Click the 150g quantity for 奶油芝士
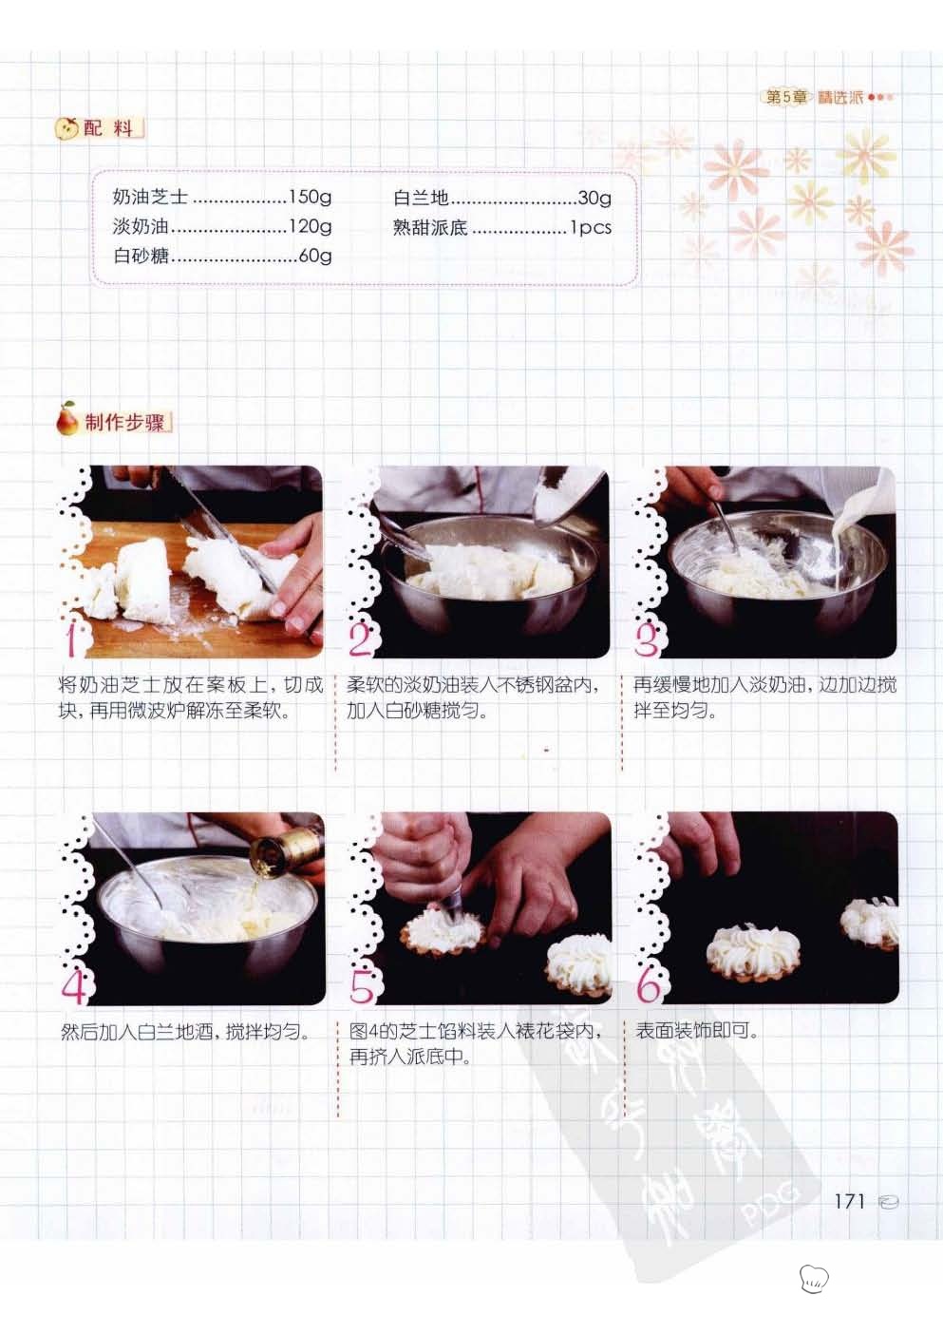[310, 197]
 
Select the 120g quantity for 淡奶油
[310, 226]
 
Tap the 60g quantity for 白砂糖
[315, 257]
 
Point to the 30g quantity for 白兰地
[594, 198]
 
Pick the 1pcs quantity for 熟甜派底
[591, 227]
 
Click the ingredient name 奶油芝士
[151, 197]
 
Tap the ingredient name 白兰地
[421, 198]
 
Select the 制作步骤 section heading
[124, 423]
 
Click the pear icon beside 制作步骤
[66, 418]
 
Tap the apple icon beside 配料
[66, 127]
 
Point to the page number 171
[850, 1201]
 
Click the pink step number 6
[648, 985]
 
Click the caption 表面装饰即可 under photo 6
[696, 1030]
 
